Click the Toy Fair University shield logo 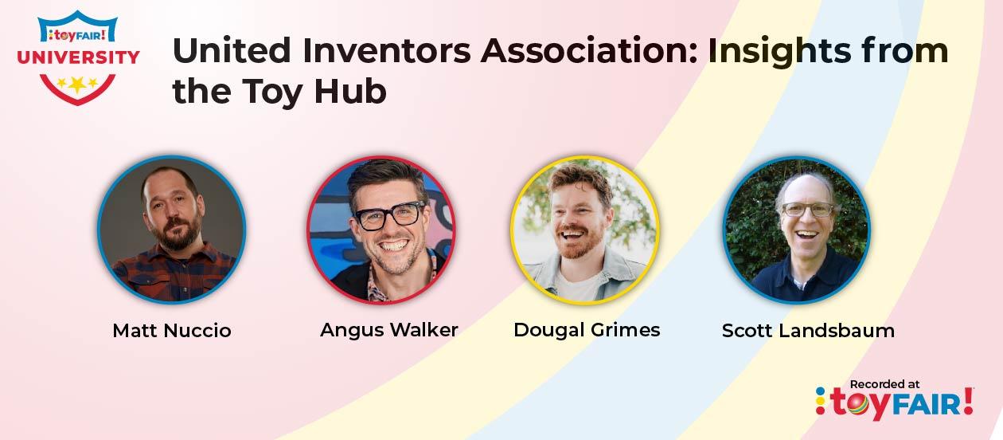(78, 57)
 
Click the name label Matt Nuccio (172, 331)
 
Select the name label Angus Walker (388, 330)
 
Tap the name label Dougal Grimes (587, 330)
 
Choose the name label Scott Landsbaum (808, 331)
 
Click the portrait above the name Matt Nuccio (172, 230)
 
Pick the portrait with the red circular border (381, 230)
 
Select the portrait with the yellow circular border (585, 230)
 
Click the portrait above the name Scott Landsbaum (797, 230)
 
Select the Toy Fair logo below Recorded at (895, 403)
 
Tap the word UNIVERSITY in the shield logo (78, 57)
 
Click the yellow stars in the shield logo (77, 83)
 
